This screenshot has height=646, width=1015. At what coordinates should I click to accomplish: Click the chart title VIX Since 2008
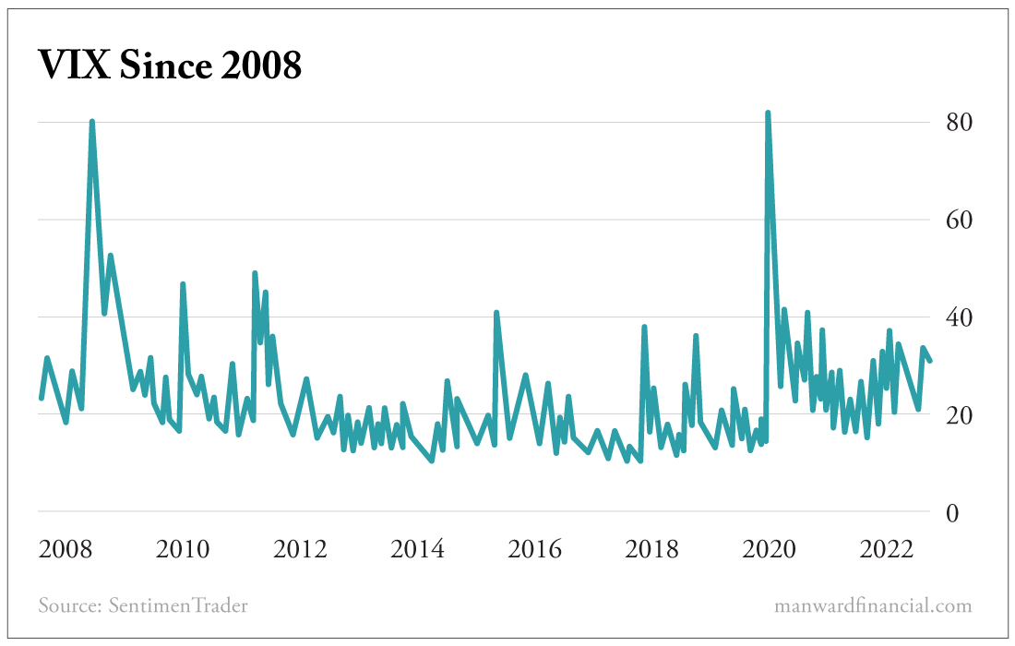(170, 65)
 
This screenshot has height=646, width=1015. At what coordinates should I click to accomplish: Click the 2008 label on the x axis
(66, 550)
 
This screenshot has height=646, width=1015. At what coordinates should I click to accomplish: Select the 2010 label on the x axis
(183, 550)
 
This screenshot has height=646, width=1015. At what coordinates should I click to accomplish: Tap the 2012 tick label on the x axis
(300, 550)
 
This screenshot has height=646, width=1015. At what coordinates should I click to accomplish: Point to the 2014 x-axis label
(417, 550)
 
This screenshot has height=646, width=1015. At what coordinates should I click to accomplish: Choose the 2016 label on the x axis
(534, 550)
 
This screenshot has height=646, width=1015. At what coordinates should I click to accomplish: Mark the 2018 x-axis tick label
(651, 550)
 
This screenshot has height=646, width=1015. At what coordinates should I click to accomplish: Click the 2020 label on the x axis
(769, 550)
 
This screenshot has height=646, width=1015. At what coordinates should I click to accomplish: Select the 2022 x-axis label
(886, 550)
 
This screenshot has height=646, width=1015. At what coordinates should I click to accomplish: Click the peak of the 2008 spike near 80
(92, 122)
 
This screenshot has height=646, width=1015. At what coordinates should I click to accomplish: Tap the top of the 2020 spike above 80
(768, 114)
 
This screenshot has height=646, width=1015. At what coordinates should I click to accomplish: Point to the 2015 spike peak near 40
(496, 313)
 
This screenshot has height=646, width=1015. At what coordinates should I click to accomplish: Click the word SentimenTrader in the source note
(178, 606)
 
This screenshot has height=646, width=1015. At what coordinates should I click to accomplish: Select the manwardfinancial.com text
(873, 606)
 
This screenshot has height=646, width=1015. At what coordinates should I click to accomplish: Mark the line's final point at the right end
(930, 360)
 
